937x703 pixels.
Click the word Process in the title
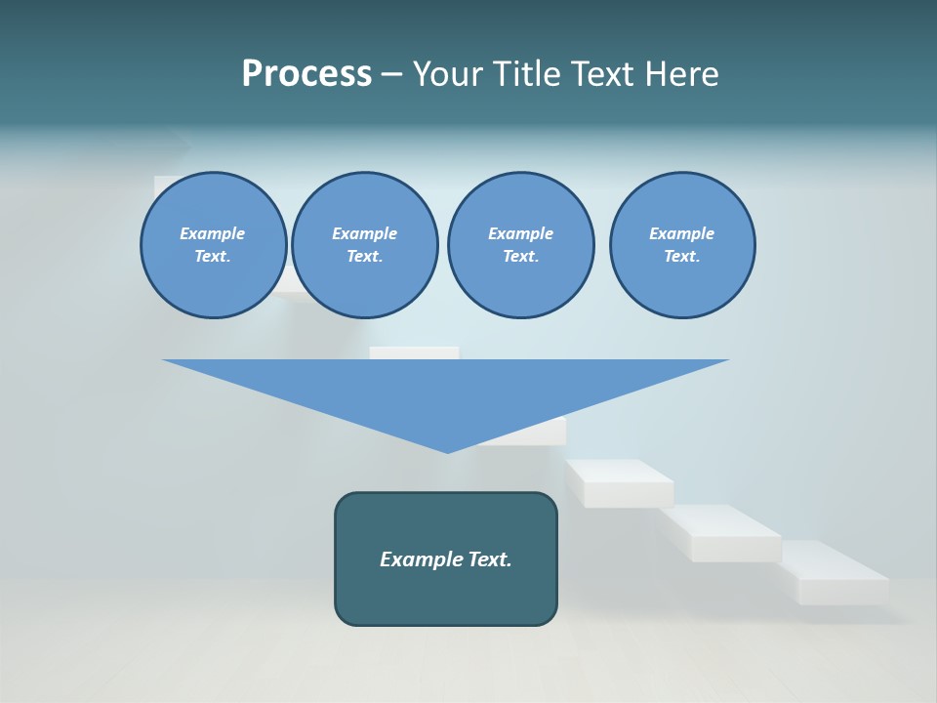[x=306, y=73]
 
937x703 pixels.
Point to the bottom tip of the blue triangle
[x=448, y=451]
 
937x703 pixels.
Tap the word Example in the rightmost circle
[x=682, y=233]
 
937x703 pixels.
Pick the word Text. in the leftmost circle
[x=213, y=256]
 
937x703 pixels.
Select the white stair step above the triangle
[x=414, y=351]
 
